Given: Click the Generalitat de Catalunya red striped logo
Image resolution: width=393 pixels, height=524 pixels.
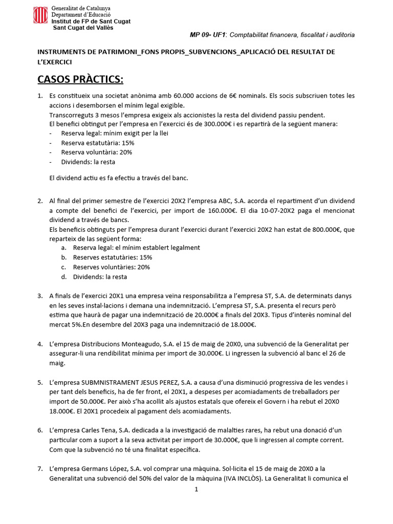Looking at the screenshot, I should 41,15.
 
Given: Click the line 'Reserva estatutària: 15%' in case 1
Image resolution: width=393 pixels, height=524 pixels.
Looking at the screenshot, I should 98,143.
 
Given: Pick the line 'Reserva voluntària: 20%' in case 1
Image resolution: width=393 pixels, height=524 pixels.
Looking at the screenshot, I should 97,152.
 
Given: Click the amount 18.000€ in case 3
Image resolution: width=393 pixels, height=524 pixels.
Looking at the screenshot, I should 239,324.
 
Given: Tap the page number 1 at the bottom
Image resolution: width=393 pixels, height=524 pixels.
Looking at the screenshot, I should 196,489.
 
